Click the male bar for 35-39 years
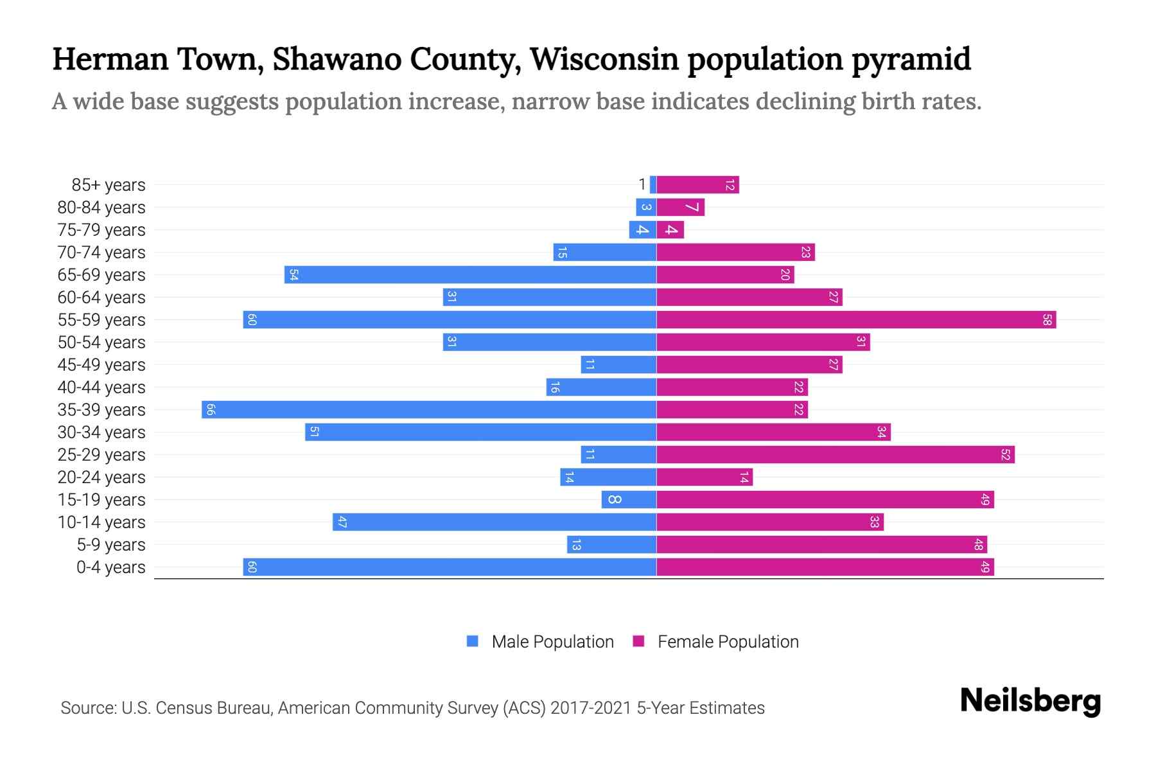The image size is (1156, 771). click(429, 410)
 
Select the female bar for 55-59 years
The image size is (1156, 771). click(856, 320)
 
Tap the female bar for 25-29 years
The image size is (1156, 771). click(835, 455)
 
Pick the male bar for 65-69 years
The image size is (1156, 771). click(470, 275)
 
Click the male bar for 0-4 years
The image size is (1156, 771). click(450, 567)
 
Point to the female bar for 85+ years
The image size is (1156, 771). click(697, 185)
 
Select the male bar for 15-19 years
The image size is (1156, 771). click(629, 500)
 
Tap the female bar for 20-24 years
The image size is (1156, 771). click(704, 477)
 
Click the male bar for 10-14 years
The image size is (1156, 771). click(495, 522)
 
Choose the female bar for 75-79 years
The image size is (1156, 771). click(670, 230)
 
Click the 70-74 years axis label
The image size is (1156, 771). click(101, 253)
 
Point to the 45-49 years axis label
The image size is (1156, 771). click(101, 365)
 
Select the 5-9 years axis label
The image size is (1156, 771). click(110, 545)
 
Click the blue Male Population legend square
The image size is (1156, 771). click(473, 641)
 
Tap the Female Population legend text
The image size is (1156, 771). click(728, 642)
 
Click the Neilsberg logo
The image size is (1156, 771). click(1030, 701)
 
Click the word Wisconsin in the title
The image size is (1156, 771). click(604, 59)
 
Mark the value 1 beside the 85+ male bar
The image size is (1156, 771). click(642, 185)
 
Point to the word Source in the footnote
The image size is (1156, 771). click(87, 708)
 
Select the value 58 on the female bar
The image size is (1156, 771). click(1047, 320)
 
